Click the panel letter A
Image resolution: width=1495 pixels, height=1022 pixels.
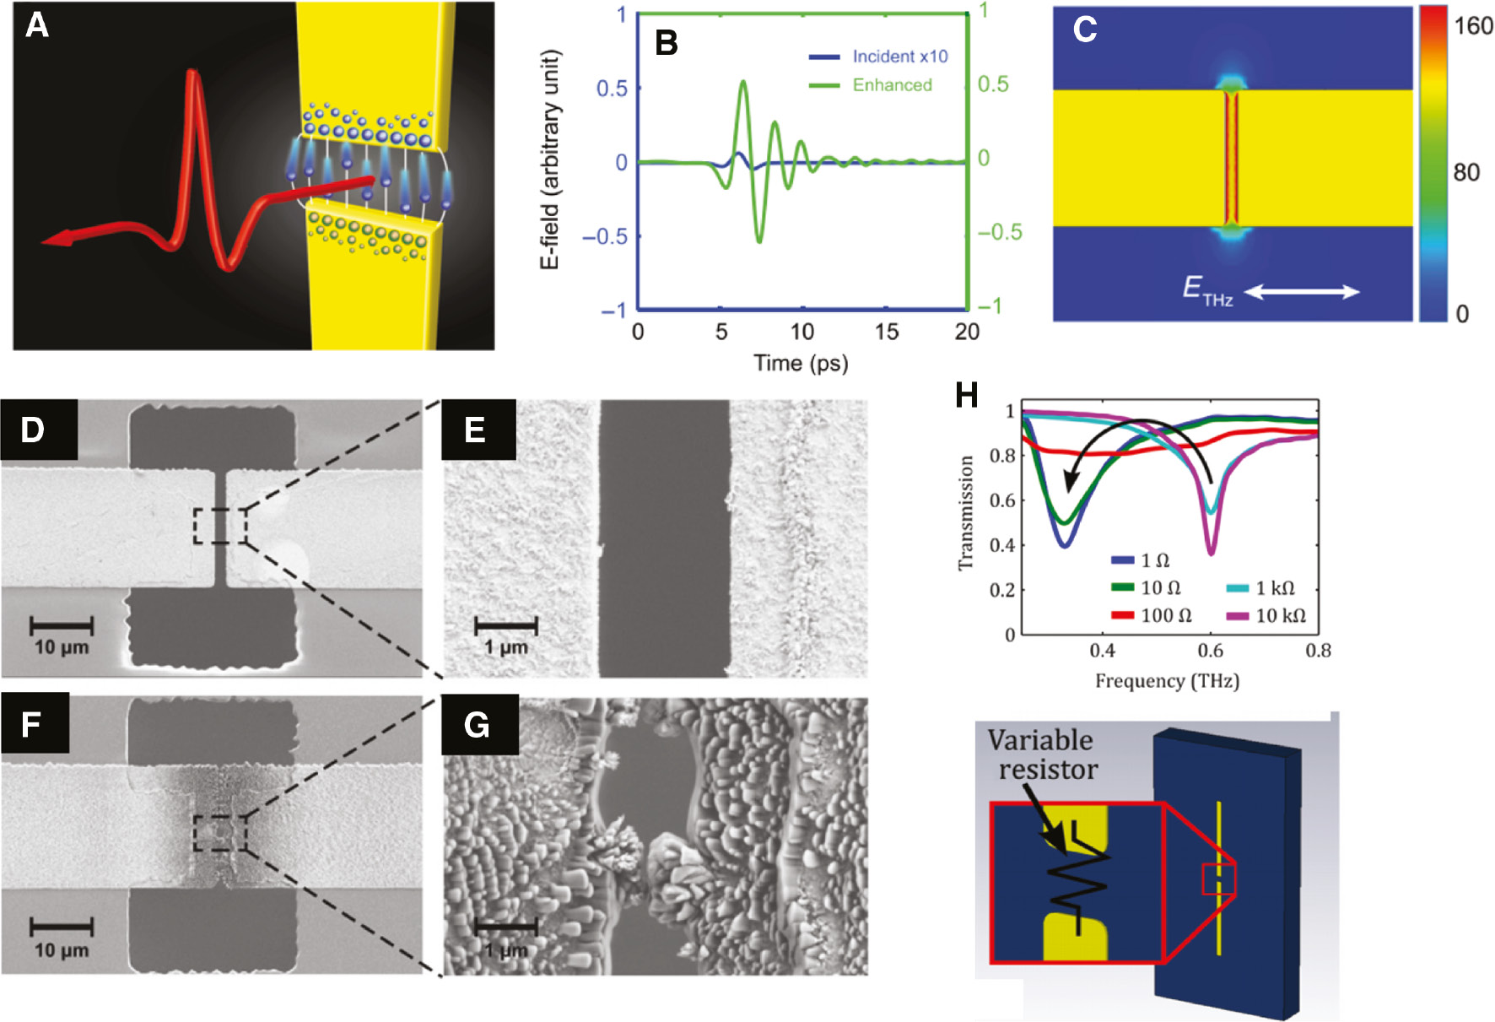37,25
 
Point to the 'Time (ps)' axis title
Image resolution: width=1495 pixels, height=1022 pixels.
801,363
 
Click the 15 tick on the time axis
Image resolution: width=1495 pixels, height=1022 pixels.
886,332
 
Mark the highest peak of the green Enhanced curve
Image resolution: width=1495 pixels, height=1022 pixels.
742,82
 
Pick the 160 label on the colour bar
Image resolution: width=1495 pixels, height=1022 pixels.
1473,26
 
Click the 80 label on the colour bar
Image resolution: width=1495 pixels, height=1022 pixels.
1466,173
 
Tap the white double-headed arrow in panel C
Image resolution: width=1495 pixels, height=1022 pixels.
1302,292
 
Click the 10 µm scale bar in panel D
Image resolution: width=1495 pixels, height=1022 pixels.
62,626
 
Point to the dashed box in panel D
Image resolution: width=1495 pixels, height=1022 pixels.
219,526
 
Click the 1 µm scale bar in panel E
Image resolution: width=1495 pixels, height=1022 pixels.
506,626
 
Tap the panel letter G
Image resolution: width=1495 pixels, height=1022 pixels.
477,725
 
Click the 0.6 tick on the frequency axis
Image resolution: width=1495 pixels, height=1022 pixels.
1210,651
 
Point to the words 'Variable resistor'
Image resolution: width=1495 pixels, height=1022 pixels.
1043,754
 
